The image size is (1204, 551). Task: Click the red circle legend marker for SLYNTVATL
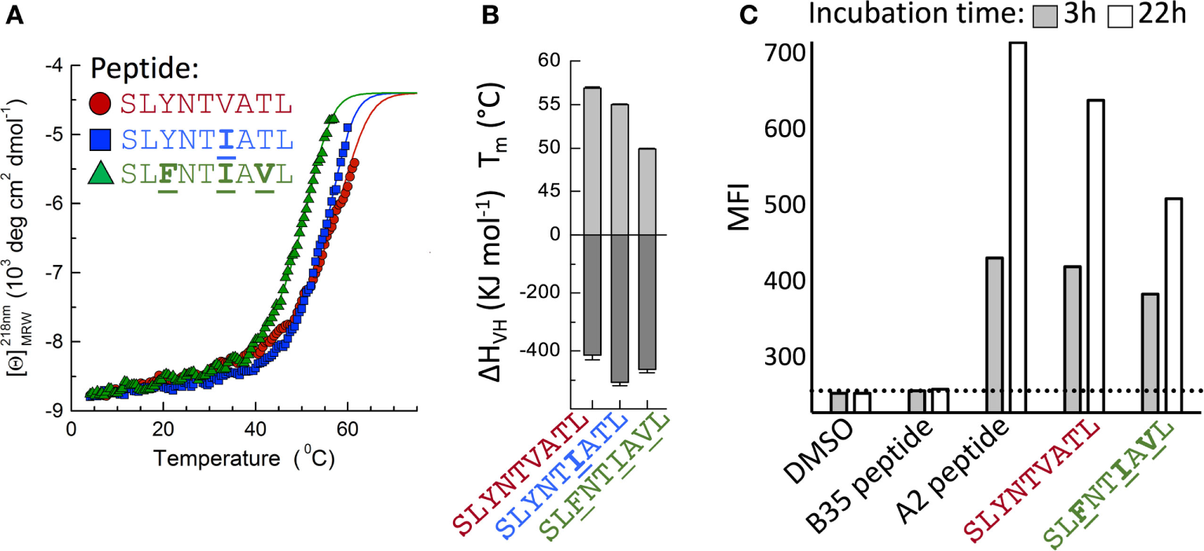(x=101, y=102)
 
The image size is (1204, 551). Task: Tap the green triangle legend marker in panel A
(x=101, y=174)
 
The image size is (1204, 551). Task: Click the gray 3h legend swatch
(x=1045, y=16)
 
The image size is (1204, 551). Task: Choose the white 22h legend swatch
(x=1119, y=16)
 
